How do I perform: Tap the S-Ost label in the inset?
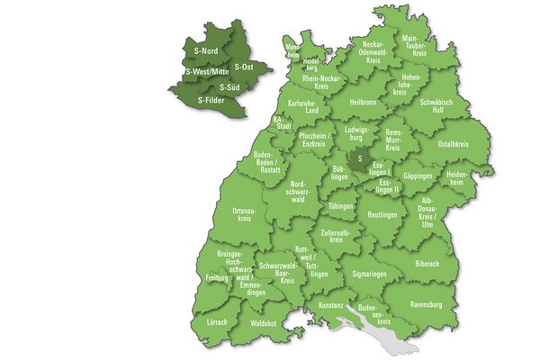(242, 67)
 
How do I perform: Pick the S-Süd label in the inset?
(228, 87)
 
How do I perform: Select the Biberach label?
(427, 265)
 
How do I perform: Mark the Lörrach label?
(216, 321)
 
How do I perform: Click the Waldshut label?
(263, 321)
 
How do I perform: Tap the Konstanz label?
(330, 305)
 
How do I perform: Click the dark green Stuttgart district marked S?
(359, 160)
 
